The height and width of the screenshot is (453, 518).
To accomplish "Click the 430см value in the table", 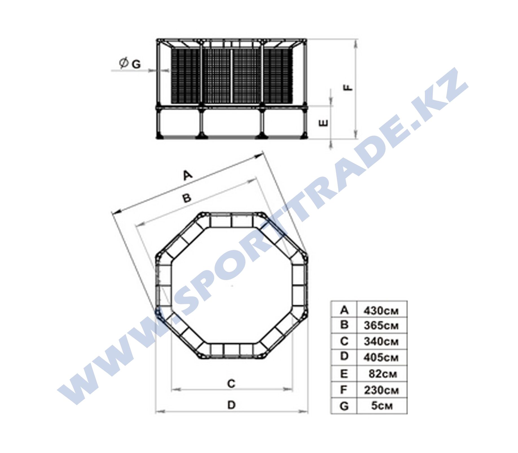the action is point(381,311).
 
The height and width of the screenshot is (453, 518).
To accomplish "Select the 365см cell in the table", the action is point(381,326).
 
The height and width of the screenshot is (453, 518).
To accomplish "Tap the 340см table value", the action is point(381,342).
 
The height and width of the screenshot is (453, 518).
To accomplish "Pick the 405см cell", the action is point(381,358).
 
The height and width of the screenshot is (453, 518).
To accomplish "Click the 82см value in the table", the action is point(383,374).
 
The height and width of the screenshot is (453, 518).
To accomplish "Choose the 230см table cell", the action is point(381,390).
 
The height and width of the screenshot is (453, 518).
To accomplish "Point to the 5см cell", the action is point(382,406).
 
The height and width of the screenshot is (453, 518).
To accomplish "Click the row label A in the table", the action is point(344,310).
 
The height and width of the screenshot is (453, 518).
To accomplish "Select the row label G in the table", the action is point(344,406).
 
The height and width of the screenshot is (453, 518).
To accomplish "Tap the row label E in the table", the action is point(344,374).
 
